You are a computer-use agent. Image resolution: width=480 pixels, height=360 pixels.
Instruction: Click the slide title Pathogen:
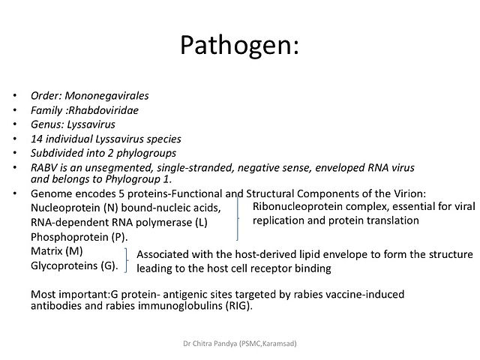(x=239, y=46)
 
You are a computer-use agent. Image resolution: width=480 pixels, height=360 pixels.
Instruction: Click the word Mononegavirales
(x=106, y=96)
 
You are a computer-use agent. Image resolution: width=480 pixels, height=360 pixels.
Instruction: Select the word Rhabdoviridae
(x=103, y=110)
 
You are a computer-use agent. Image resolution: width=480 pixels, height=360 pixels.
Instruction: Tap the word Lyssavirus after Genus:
(x=91, y=125)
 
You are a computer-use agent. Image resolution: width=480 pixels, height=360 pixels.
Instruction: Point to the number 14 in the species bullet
(x=37, y=139)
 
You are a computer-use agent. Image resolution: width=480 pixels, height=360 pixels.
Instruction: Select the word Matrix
(x=45, y=251)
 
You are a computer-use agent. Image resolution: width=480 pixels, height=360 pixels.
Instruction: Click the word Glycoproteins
(x=64, y=265)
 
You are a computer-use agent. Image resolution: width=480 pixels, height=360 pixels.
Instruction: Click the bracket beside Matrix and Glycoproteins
(x=126, y=260)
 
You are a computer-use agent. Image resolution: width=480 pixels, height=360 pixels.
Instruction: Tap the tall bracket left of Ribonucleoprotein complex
(x=238, y=218)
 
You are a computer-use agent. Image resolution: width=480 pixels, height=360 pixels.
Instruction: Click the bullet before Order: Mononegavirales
(x=15, y=96)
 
